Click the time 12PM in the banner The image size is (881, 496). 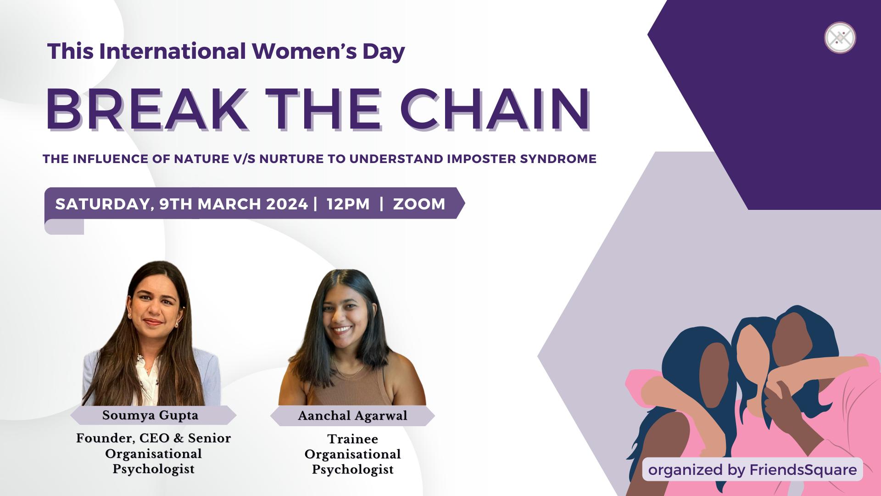(348, 204)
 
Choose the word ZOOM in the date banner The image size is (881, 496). (419, 204)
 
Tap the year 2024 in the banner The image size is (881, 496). (286, 204)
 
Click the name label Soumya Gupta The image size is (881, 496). (151, 416)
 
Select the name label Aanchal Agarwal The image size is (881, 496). (352, 416)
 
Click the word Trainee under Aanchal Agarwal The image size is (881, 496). (352, 439)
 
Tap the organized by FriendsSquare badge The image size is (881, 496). (753, 469)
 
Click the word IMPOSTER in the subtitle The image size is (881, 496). (485, 159)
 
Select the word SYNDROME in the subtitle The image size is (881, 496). (558, 159)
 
